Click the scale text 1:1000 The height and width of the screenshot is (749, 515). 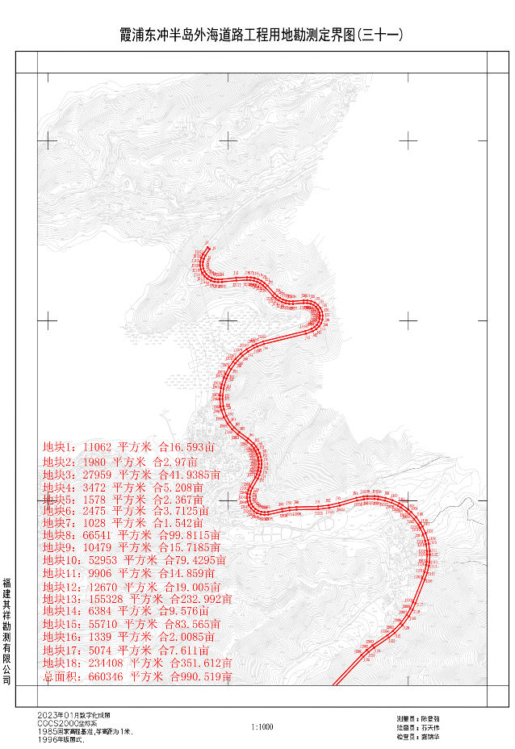click(262, 726)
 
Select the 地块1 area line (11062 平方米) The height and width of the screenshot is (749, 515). click(129, 446)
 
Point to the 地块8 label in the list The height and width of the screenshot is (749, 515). click(59, 534)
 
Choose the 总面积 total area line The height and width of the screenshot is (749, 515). click(137, 676)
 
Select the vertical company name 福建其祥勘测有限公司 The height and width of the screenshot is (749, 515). click(7, 630)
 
